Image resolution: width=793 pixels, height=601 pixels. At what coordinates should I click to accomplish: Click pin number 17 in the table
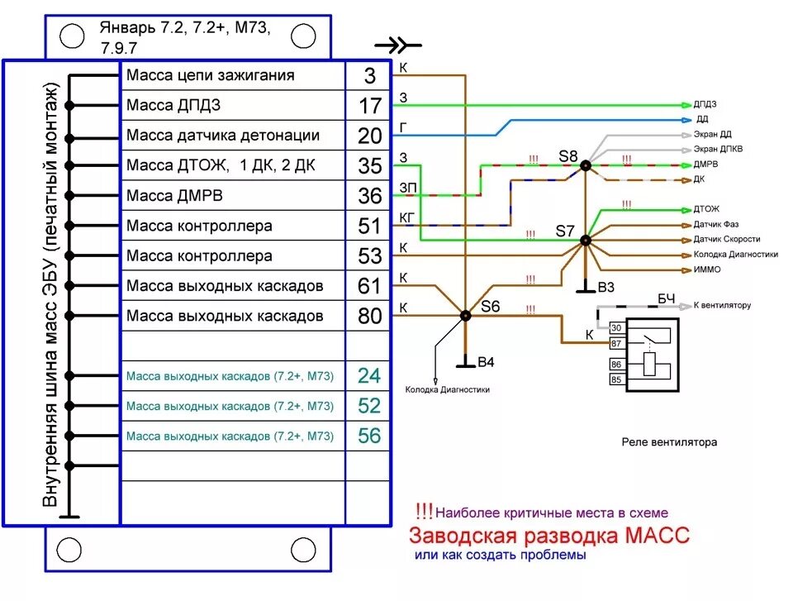point(369,106)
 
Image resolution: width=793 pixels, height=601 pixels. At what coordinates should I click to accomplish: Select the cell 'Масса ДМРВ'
point(174,196)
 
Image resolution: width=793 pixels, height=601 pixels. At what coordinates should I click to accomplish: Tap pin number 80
point(369,316)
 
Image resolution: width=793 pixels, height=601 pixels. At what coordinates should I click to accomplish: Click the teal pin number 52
point(369,405)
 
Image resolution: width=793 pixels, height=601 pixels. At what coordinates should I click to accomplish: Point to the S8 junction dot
point(585,165)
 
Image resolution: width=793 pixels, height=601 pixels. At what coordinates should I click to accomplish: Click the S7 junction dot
point(585,241)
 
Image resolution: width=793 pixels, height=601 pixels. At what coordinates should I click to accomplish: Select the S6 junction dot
point(466,315)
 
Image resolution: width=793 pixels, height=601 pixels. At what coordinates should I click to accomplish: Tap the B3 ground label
point(605,288)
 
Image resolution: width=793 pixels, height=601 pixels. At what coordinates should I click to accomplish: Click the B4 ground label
point(487,361)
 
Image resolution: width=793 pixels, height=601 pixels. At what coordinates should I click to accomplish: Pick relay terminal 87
point(615,341)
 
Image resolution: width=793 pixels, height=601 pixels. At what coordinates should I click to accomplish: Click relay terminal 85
point(615,379)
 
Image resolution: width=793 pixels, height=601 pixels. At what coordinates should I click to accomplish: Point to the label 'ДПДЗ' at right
point(705,105)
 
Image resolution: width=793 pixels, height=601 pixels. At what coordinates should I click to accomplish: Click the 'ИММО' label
point(706,269)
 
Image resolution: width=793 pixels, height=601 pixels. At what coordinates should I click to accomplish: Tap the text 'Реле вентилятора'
point(669,442)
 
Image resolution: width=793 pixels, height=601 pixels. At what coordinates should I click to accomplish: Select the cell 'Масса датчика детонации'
point(223,136)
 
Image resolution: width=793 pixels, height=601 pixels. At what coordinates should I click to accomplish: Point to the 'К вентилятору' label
point(722,305)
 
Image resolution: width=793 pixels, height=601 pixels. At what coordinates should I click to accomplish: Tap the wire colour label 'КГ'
point(406,217)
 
